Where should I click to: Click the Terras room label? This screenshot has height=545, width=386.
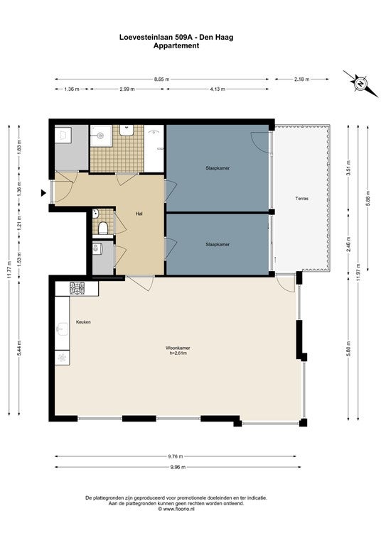302,199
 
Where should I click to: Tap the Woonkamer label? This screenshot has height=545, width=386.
178,348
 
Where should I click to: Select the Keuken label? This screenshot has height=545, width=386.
84,322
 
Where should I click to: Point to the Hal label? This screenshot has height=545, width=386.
139,214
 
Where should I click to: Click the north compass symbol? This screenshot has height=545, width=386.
361,84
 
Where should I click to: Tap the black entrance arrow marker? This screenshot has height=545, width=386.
43,193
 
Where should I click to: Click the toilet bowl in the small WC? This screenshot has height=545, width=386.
102,228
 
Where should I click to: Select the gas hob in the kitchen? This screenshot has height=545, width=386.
77,289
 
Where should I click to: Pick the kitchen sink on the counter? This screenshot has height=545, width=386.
63,329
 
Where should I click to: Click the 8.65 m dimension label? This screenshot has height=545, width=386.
162,79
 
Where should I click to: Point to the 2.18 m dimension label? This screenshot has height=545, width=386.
302,79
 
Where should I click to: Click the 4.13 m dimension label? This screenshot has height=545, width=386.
218,89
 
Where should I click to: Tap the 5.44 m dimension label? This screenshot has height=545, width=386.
19,348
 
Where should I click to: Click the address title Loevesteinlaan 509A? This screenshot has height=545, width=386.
156,37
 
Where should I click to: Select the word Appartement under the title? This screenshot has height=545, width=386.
176,45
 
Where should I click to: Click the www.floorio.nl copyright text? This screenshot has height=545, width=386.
176,509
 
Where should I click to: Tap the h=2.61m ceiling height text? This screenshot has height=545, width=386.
178,353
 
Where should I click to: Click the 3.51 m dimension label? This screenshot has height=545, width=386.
348,169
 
